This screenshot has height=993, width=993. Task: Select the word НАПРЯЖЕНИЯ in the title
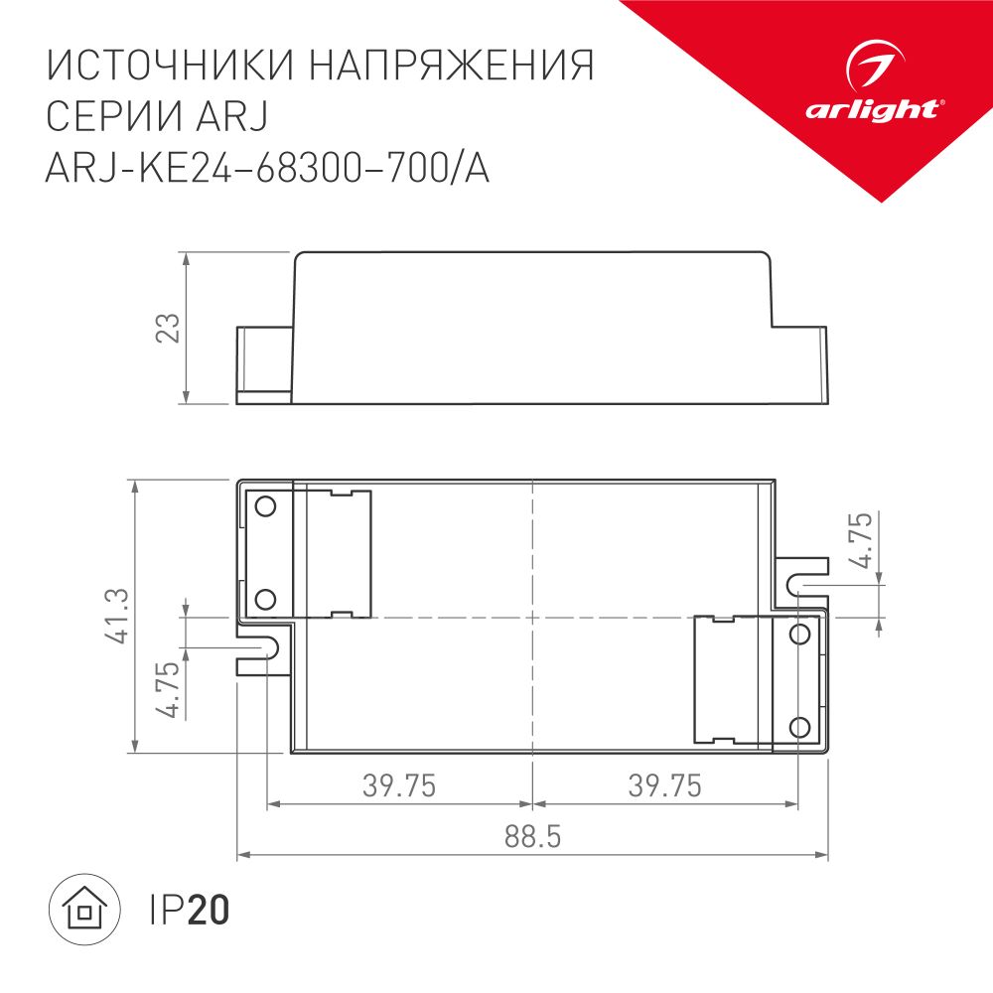coord(452,67)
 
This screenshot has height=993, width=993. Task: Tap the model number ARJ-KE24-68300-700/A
coord(268,171)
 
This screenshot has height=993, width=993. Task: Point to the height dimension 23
coord(171,329)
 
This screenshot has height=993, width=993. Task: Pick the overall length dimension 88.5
coord(532,837)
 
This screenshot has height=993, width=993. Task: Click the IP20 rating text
coord(189,910)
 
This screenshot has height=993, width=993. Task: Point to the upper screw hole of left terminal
coord(265,507)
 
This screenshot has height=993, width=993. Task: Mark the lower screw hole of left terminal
coord(265,599)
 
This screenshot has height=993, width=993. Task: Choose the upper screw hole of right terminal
coord(798,634)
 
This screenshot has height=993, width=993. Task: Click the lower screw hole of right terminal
coord(798,727)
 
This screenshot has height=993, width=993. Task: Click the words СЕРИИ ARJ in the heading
coord(158,118)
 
